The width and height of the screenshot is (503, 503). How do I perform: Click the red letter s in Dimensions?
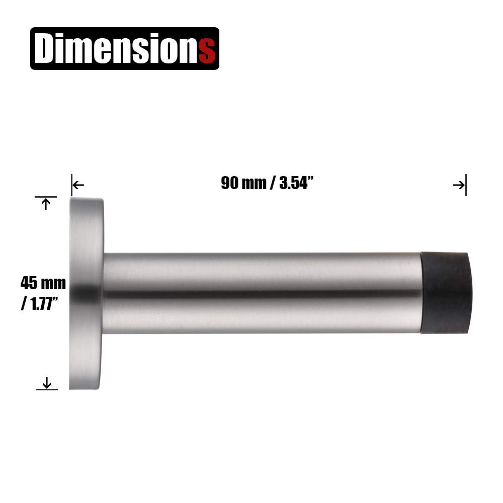coord(207,50)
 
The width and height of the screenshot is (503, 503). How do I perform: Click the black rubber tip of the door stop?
coord(446,293)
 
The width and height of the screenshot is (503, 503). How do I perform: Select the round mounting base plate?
coord(86,293)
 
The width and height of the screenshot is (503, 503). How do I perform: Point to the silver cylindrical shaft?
coord(262,293)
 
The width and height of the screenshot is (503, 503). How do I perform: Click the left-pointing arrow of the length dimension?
coord(78,185)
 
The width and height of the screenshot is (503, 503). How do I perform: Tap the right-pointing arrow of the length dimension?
coord(459,185)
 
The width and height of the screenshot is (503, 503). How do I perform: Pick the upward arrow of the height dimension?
coord(46,204)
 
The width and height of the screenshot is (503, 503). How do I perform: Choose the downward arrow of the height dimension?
coord(47,383)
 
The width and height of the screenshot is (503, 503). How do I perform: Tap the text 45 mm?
coord(43,283)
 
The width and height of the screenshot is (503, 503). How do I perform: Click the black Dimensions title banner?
coord(125,48)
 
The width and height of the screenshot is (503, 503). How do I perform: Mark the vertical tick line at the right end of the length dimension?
coord(466,185)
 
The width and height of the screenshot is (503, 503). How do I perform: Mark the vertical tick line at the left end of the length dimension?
coord(71,185)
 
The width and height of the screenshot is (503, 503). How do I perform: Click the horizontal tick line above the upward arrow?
coord(46,197)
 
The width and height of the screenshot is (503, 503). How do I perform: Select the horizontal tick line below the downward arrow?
coord(47,389)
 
